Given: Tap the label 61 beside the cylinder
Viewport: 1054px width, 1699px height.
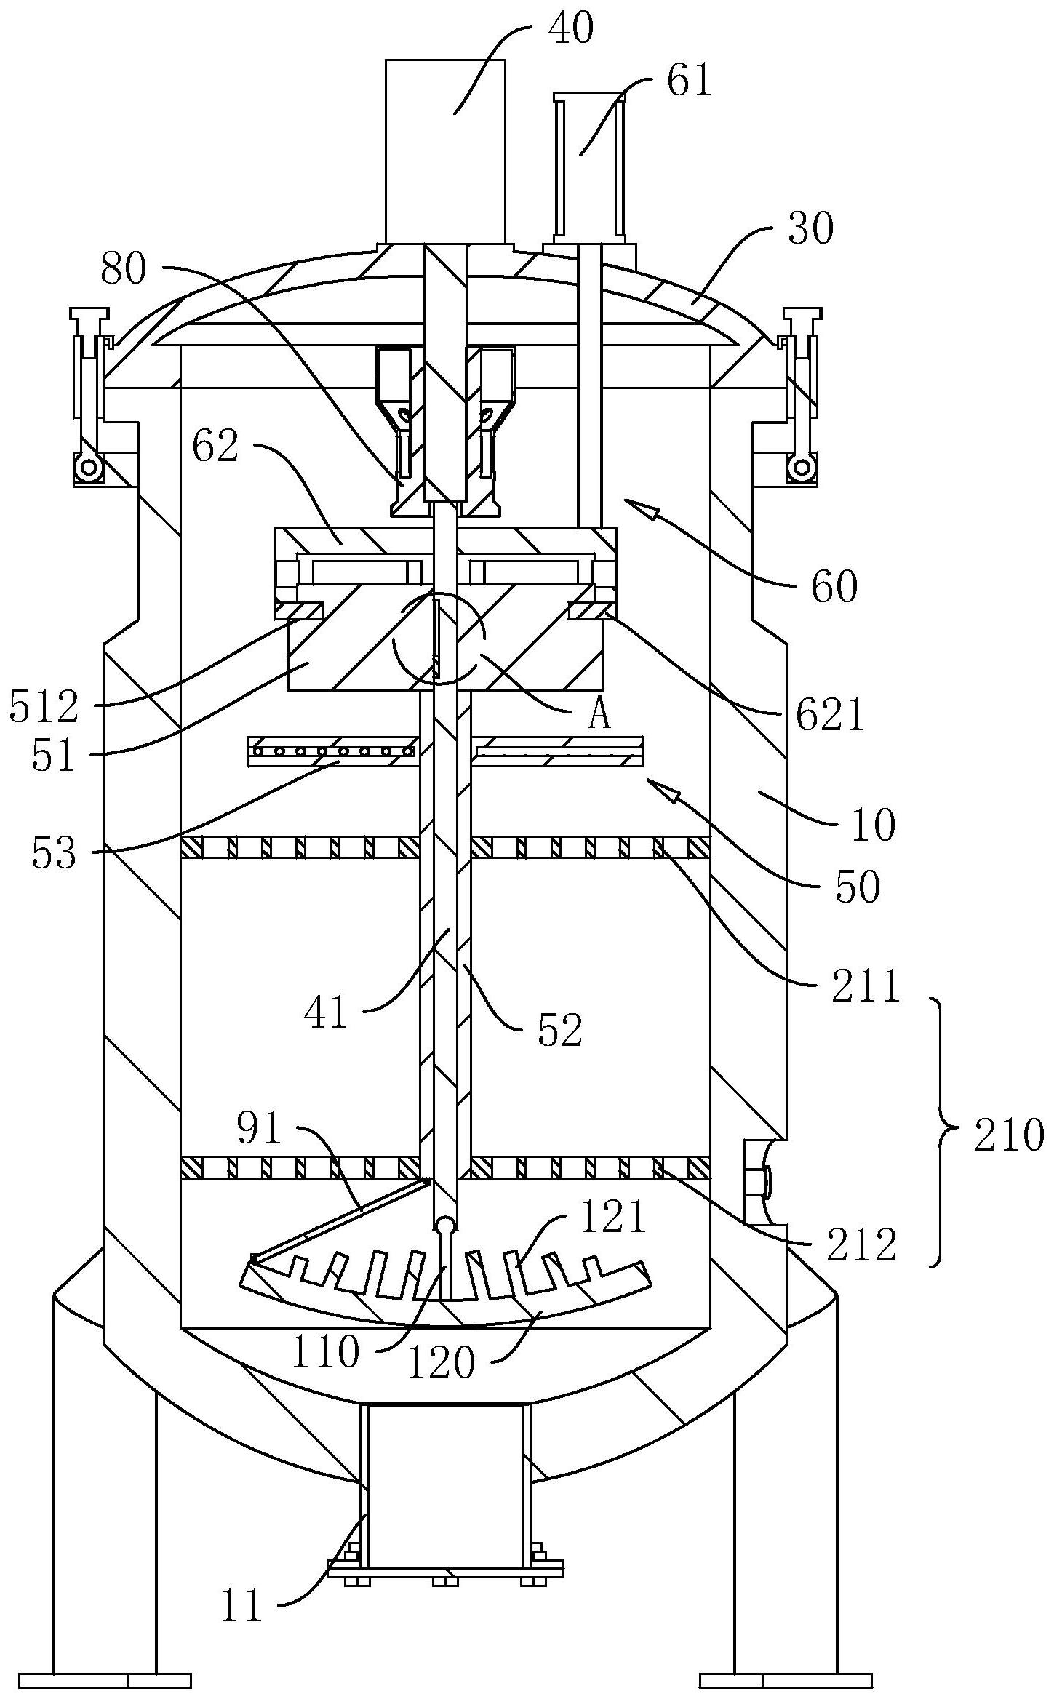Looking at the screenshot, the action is [x=688, y=81].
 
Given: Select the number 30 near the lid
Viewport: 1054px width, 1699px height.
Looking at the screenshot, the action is [x=810, y=230].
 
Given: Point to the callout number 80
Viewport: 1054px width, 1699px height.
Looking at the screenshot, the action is [x=124, y=268].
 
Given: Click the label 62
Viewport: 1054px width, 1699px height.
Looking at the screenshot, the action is [x=215, y=447].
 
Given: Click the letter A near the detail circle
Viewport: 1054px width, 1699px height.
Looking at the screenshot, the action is [x=599, y=716].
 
